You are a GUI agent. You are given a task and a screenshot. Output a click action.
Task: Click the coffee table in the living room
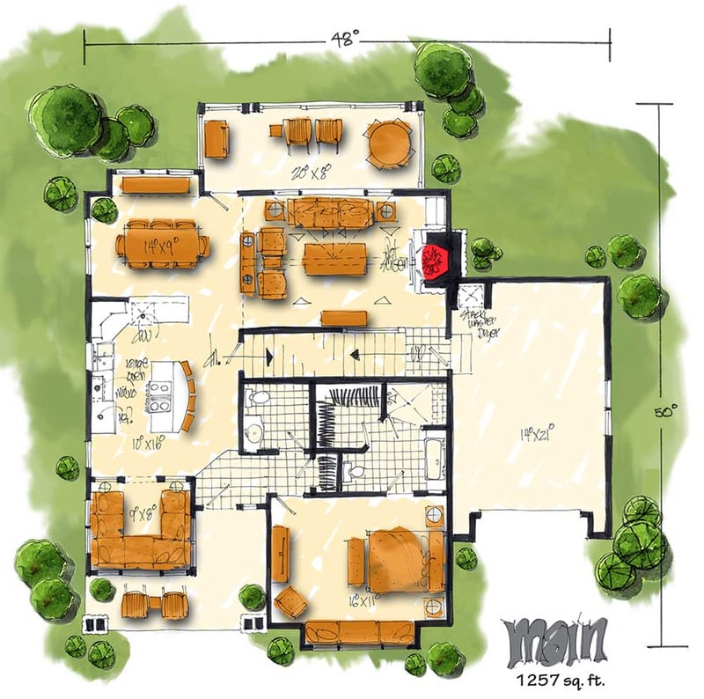[334, 259]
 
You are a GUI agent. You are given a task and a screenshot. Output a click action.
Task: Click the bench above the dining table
[156, 185]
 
